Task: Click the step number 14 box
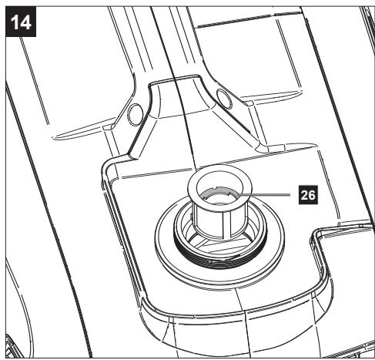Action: click(x=21, y=22)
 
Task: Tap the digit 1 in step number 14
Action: click(x=15, y=22)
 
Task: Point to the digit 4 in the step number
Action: click(x=25, y=22)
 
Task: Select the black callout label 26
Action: click(x=308, y=195)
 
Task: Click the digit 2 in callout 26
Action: click(x=304, y=195)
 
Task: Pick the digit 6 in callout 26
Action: click(x=312, y=195)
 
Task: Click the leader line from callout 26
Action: click(x=264, y=195)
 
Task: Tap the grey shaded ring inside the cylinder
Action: click(x=220, y=192)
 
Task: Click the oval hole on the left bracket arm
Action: click(x=136, y=114)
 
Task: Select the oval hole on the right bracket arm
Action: click(x=224, y=99)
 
